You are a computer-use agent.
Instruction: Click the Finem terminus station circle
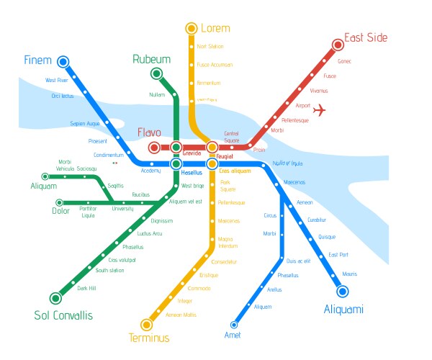pyautogui.click(x=63, y=62)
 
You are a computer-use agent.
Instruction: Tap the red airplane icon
pyautogui.click(x=320, y=110)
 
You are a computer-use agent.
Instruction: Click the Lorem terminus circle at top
pyautogui.click(x=191, y=28)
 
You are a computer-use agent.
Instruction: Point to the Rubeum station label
pyautogui.click(x=151, y=59)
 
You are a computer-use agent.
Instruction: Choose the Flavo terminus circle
pyautogui.click(x=153, y=148)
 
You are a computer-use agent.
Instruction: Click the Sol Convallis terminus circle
pyautogui.click(x=55, y=298)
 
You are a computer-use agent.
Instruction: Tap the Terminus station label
pyautogui.click(x=149, y=338)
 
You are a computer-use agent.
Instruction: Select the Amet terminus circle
pyautogui.click(x=234, y=325)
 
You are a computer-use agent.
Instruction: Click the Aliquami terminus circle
pyautogui.click(x=342, y=291)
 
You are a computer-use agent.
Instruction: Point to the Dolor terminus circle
pyautogui.click(x=59, y=202)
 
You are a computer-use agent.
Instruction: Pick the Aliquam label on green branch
pyautogui.click(x=42, y=186)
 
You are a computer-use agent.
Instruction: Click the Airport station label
pyautogui.click(x=302, y=105)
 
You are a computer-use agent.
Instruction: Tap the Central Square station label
pyautogui.click(x=231, y=136)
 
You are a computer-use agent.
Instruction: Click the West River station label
pyautogui.click(x=57, y=80)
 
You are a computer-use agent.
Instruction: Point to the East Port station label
pyautogui.click(x=338, y=254)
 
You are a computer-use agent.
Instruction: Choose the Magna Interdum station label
pyautogui.click(x=228, y=242)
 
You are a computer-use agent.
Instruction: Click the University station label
pyautogui.click(x=122, y=209)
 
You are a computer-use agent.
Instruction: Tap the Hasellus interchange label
pyautogui.click(x=192, y=173)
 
